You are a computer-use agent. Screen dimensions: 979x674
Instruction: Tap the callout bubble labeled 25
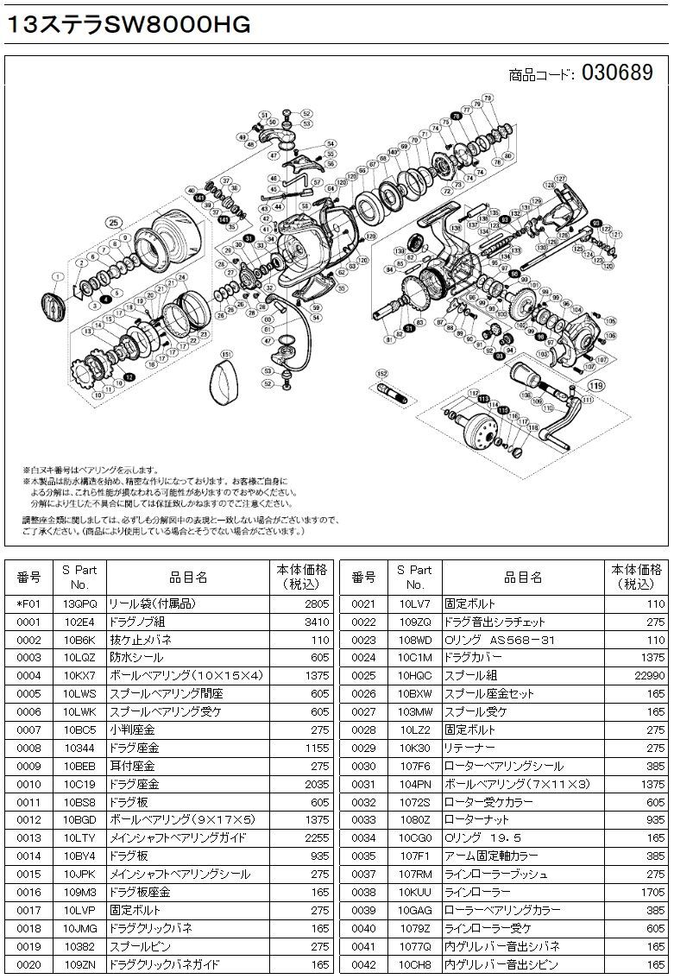point(111,221)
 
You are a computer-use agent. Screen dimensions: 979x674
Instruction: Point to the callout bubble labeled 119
point(595,376)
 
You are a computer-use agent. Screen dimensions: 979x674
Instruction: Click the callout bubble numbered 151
point(226,354)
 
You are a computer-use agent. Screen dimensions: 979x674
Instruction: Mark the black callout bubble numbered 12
point(129,377)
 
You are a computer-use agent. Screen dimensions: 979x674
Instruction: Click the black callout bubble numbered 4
point(104,297)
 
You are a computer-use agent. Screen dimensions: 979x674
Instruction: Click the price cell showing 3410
point(315,621)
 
